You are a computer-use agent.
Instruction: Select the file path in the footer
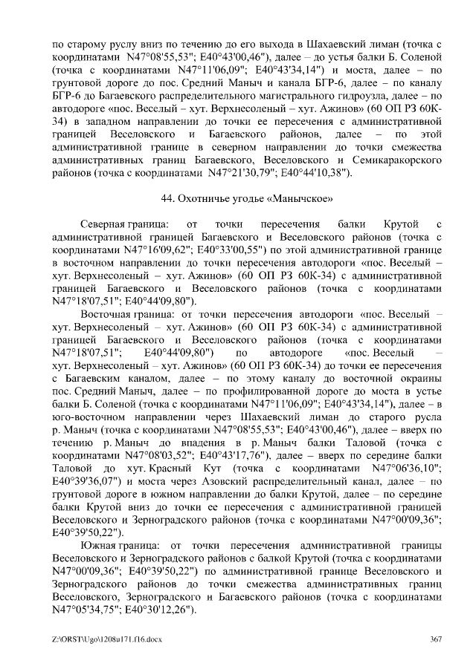pyautogui.click(x=95, y=641)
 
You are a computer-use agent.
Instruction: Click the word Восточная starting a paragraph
pyautogui.click(x=106, y=315)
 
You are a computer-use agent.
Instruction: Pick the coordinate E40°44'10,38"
pyautogui.click(x=314, y=173)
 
